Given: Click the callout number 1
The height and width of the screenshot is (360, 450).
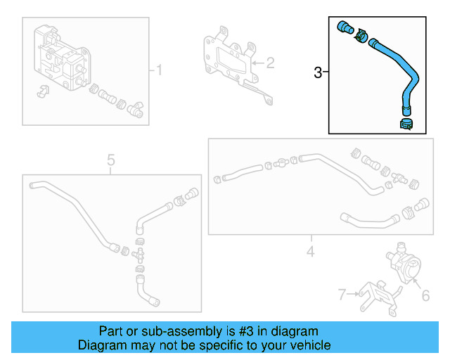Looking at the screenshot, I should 159,70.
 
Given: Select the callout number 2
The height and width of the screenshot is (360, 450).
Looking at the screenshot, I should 271,63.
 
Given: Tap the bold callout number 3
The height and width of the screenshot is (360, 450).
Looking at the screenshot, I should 318,72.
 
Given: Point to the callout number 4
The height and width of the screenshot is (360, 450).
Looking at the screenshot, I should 309,251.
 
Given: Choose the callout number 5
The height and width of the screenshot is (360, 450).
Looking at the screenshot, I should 110,160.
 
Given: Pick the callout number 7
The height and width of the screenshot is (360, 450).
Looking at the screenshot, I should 342,294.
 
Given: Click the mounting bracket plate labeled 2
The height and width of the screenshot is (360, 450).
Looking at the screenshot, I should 226,60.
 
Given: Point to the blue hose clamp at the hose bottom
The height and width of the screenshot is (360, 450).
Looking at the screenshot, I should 406,124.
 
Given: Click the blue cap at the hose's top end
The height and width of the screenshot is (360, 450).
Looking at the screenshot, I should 345,27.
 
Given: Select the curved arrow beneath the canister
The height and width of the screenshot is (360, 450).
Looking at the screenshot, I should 42,91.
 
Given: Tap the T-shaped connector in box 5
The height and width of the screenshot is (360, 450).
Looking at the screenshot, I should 139,251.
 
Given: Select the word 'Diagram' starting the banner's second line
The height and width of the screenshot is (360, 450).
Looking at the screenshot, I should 101,345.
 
